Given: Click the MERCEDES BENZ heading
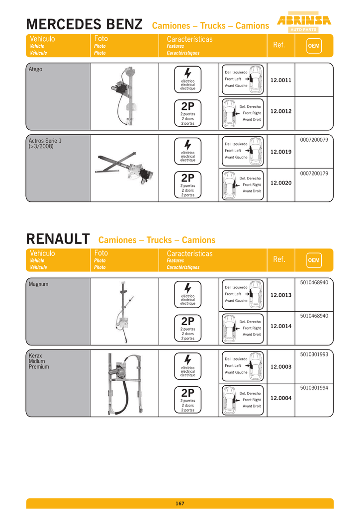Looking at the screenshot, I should (x=84, y=24).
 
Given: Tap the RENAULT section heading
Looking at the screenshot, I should (x=58, y=239).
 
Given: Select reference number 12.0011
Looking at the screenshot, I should (x=281, y=80).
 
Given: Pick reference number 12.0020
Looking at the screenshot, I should (x=281, y=183).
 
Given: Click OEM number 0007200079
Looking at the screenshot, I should (x=314, y=140).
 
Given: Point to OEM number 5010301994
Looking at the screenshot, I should (x=314, y=387).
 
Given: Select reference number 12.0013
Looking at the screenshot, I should (x=281, y=295).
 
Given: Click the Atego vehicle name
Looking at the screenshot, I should (x=36, y=69).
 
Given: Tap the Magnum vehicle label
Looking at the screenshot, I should (x=39, y=284).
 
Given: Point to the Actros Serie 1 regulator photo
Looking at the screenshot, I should (x=125, y=168).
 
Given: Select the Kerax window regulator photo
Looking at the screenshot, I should (x=125, y=383).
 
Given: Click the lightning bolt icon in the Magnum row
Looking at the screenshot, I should (x=188, y=288).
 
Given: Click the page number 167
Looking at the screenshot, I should (x=180, y=504).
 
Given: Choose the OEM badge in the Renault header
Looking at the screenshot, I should (x=314, y=260).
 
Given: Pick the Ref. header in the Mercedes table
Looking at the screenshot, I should (x=279, y=45).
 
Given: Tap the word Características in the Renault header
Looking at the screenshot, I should (x=189, y=254).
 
